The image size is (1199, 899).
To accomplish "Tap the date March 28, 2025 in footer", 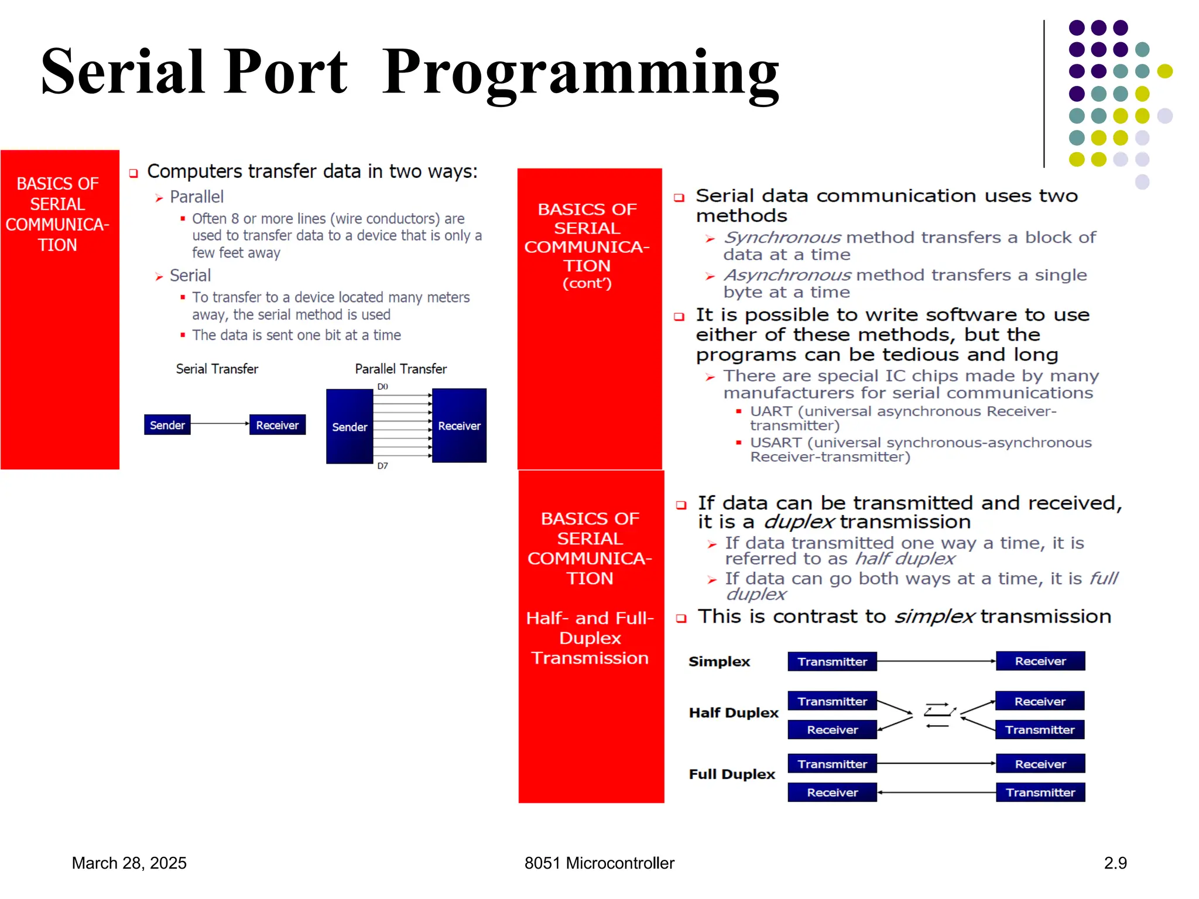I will [x=129, y=863].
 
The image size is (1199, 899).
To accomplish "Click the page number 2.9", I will [x=1115, y=863].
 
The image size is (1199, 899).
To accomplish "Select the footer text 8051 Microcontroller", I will [x=599, y=863].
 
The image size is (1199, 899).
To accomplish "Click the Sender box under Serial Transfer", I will [x=167, y=425].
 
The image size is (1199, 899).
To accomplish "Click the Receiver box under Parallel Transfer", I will [x=459, y=426].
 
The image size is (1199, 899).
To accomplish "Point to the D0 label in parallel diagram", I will [x=382, y=387].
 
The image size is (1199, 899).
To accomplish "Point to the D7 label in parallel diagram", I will [x=382, y=466].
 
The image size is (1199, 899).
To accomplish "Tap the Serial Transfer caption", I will [x=217, y=369].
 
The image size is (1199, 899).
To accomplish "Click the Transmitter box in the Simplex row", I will [x=831, y=661].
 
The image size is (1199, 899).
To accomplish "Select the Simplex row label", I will [x=719, y=661].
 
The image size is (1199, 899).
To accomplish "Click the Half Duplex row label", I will [x=733, y=712].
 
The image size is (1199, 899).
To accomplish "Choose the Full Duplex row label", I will [x=731, y=774].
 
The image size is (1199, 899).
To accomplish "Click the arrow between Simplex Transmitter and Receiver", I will [x=936, y=661].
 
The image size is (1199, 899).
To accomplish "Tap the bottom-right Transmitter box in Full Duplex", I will [x=1040, y=792].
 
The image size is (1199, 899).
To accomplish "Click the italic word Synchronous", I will [x=782, y=238].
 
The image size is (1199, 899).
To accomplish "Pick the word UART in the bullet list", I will [x=771, y=411].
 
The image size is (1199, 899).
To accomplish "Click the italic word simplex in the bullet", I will [x=934, y=616].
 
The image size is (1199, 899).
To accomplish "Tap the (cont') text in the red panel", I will [x=587, y=283].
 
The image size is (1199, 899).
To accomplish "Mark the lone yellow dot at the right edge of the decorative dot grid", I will [x=1164, y=71].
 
